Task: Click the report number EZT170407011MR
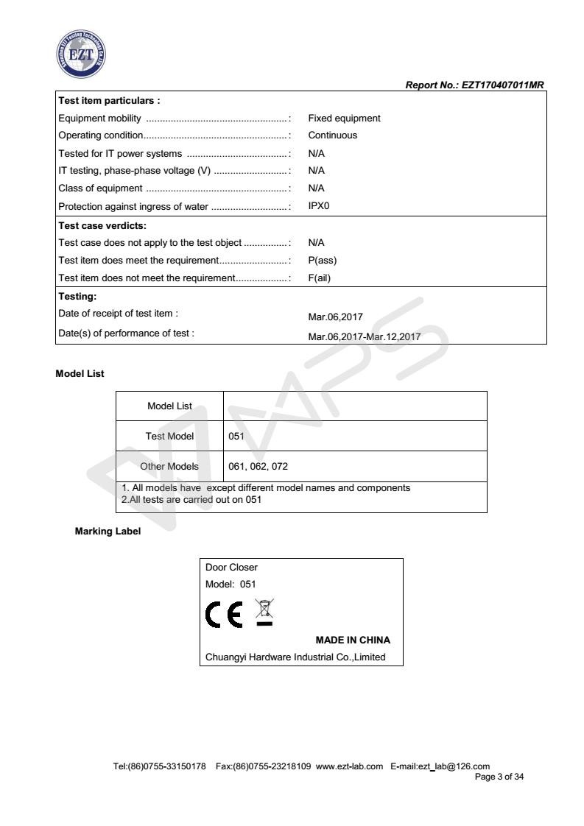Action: click(x=475, y=86)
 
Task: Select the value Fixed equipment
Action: click(x=344, y=118)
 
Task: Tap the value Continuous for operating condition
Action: click(x=332, y=135)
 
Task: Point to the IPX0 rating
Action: click(x=319, y=205)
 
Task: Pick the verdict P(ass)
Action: click(x=322, y=260)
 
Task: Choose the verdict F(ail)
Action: click(x=320, y=278)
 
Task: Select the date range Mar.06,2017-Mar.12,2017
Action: click(x=364, y=336)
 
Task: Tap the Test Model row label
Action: click(x=169, y=436)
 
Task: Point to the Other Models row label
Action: click(x=169, y=467)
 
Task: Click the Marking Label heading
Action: click(x=108, y=532)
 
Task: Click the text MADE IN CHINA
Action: click(x=353, y=640)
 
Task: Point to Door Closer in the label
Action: click(x=231, y=568)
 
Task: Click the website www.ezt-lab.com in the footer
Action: click(x=349, y=766)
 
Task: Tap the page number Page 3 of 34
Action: click(x=499, y=776)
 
